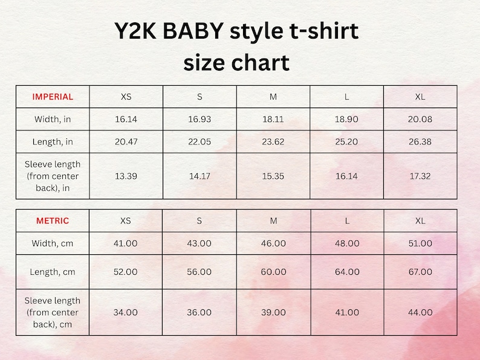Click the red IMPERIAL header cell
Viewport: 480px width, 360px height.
pos(53,97)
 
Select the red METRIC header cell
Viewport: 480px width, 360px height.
pos(53,221)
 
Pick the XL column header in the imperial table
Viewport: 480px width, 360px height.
pos(420,97)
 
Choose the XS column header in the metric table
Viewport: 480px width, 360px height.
pos(126,221)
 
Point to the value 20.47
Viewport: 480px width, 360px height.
pos(126,142)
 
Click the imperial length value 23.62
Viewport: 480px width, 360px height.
pos(273,142)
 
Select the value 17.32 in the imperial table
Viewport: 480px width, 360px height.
pos(420,176)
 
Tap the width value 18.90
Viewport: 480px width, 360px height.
pos(346,120)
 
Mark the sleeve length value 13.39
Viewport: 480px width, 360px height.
pos(126,176)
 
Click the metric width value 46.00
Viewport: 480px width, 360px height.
pos(273,243)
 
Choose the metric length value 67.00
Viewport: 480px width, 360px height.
pos(420,272)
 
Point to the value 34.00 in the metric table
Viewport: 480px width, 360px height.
pos(126,312)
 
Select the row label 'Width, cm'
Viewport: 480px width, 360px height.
pos(53,243)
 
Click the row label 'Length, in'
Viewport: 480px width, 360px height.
pos(53,142)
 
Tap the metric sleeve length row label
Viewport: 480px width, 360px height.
pos(53,312)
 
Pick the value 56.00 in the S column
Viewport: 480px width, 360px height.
pos(199,272)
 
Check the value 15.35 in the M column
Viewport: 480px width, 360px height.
pos(273,176)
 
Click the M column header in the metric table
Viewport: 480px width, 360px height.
pos(273,221)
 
